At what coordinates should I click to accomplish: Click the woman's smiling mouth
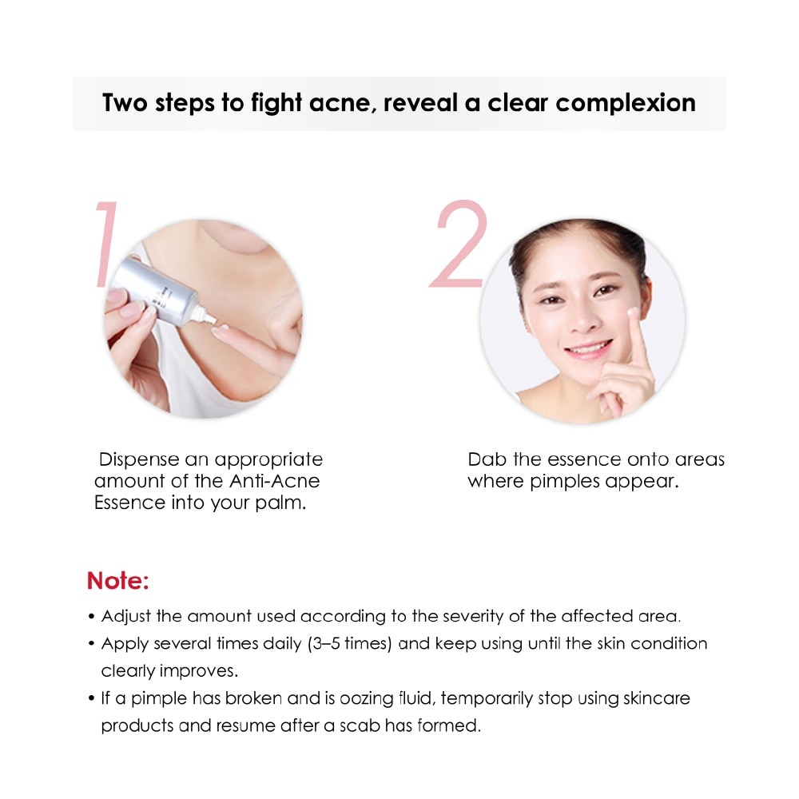point(590,349)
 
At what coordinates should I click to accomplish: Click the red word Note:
point(118,581)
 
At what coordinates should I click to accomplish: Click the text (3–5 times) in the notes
point(350,644)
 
